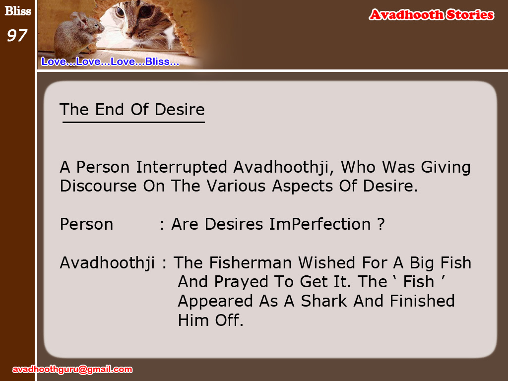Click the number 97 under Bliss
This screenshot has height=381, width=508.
click(17, 35)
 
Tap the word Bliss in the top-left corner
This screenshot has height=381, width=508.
click(18, 11)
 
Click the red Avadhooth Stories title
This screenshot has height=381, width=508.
click(431, 15)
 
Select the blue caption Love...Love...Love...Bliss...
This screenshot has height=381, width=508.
click(110, 62)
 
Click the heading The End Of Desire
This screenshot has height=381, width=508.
click(132, 110)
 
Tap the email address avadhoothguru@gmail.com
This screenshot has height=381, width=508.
click(72, 369)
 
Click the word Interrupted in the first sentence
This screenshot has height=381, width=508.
click(182, 167)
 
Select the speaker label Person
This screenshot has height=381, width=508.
click(86, 224)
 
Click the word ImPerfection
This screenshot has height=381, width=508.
click(320, 224)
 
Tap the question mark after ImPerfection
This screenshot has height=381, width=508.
click(381, 224)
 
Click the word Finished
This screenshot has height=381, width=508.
click(422, 301)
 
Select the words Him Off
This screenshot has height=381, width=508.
click(210, 320)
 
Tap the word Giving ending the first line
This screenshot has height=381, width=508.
click(445, 168)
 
